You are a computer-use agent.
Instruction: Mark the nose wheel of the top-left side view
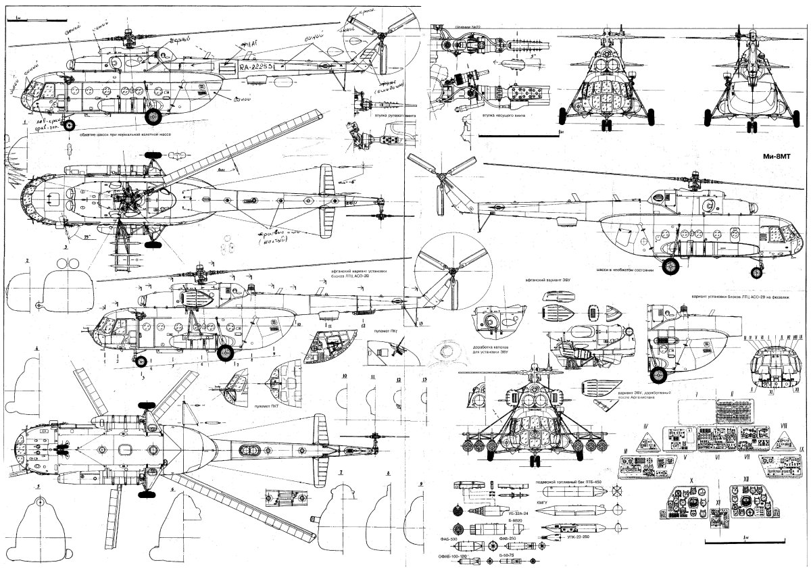69,124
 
